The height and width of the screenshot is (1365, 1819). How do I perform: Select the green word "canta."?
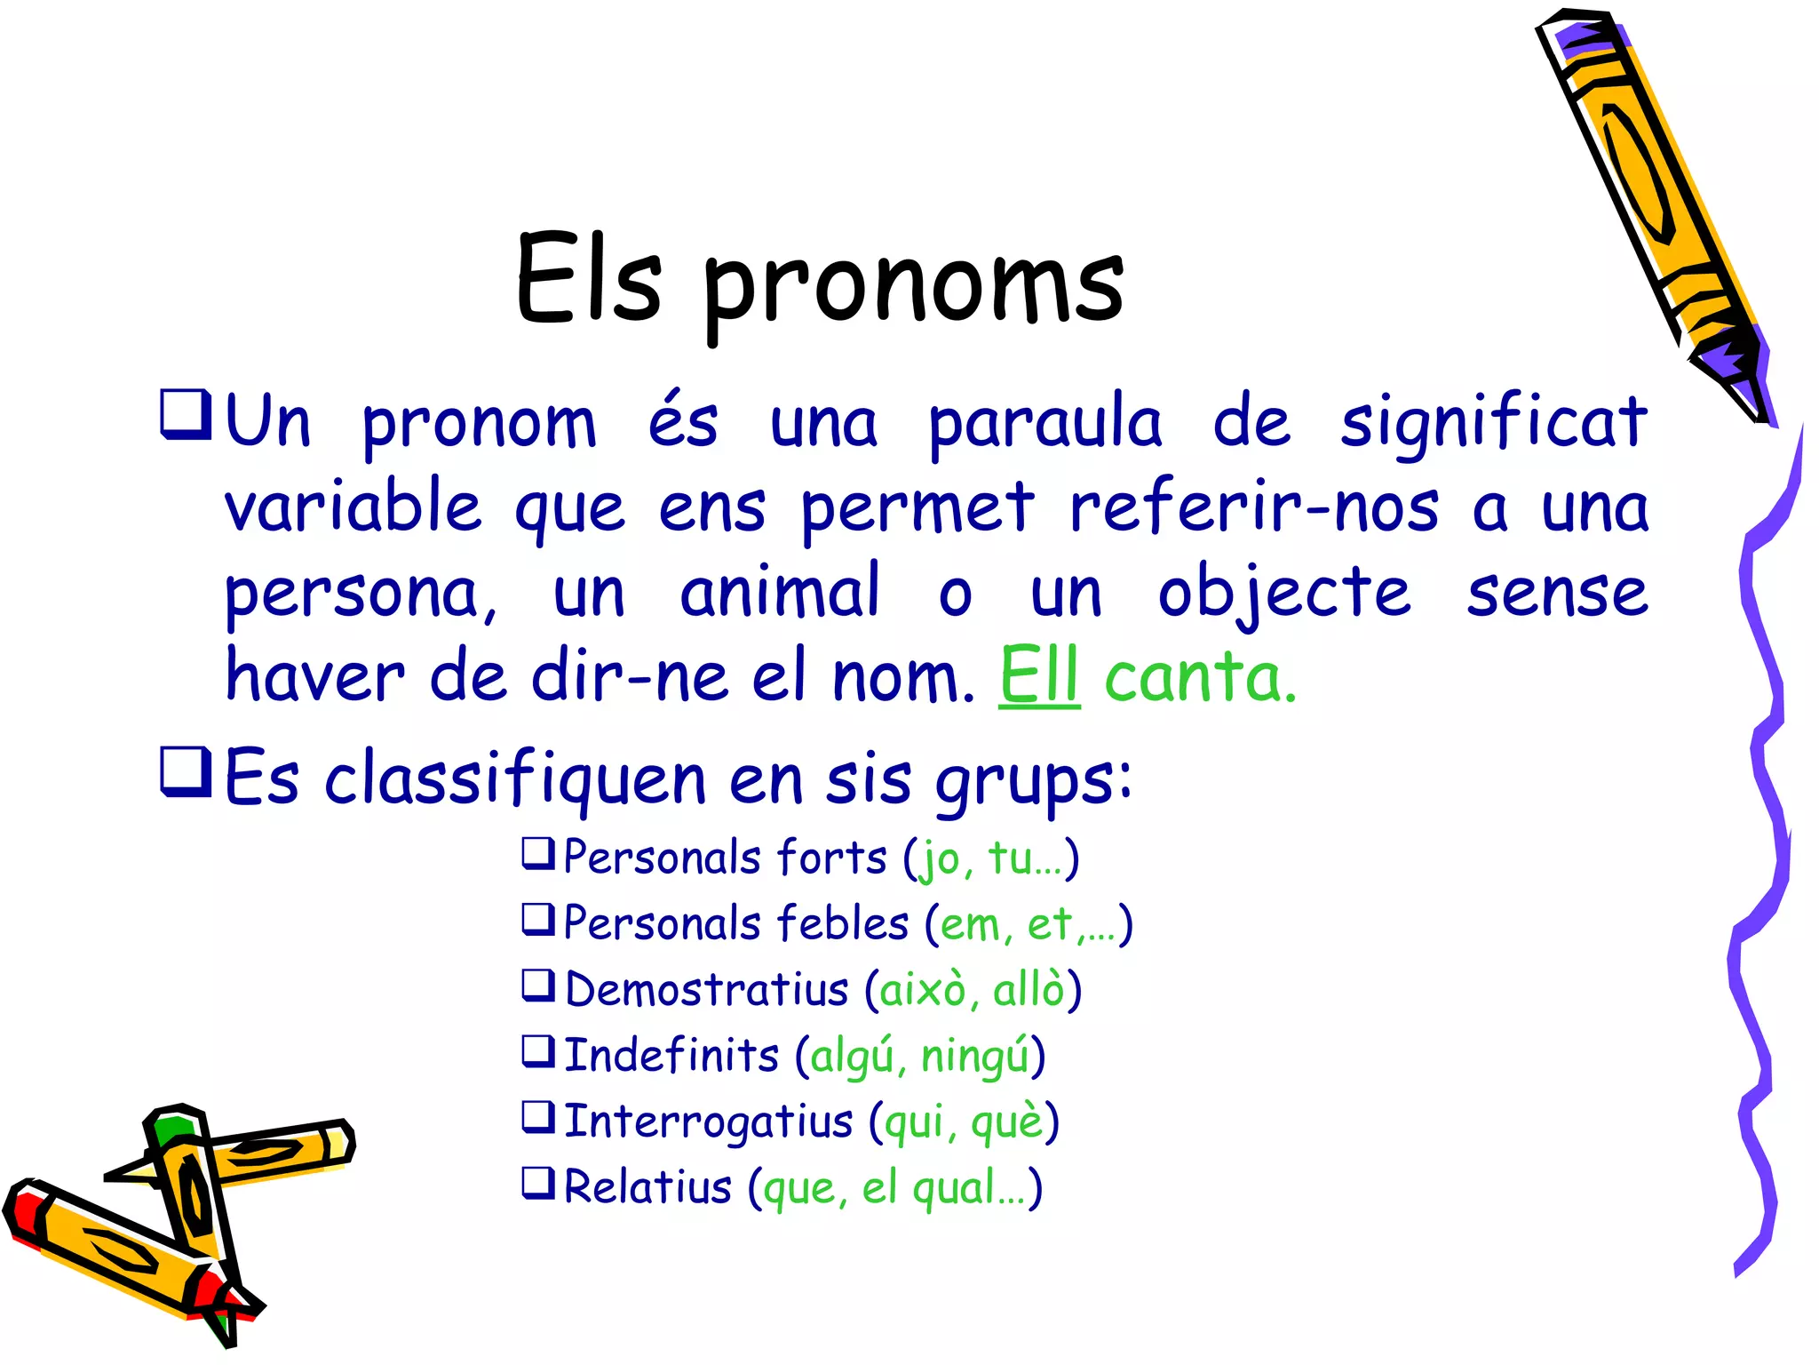click(x=1201, y=677)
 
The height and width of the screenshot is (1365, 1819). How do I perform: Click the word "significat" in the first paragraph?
click(x=1494, y=423)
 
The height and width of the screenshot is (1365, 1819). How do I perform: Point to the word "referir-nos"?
click(x=1253, y=507)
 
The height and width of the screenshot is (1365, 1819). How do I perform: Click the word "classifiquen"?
click(x=515, y=778)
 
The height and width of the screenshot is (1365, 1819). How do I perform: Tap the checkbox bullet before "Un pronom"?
click(x=185, y=414)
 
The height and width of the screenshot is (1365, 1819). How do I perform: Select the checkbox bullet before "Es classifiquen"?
click(x=185, y=772)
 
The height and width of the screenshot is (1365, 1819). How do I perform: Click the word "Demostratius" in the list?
click(x=707, y=990)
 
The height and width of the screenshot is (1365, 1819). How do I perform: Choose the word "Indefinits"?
click(x=671, y=1056)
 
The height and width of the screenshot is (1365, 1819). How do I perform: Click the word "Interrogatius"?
click(x=708, y=1122)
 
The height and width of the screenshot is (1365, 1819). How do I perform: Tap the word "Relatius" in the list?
click(x=647, y=1187)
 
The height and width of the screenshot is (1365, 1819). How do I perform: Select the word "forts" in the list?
click(x=831, y=858)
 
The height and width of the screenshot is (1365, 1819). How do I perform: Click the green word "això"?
click(x=922, y=990)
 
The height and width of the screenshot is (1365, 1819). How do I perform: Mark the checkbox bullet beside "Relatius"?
click(x=538, y=1182)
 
